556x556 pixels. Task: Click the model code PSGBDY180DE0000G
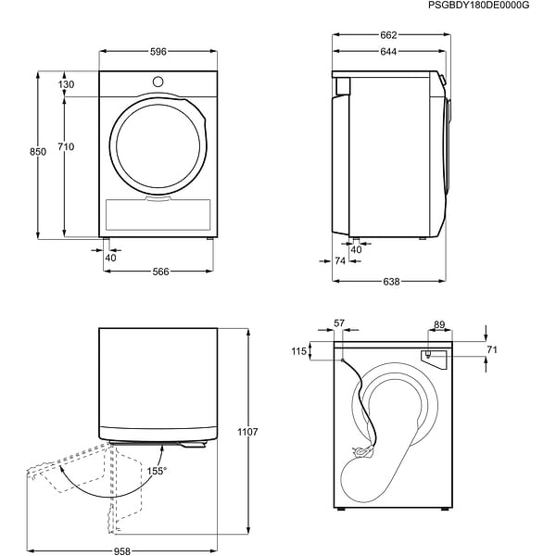click(479, 6)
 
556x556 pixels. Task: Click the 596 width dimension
click(158, 52)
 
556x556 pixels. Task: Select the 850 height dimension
click(38, 152)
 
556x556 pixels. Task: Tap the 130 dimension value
click(66, 84)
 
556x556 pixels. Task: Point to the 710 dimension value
click(66, 146)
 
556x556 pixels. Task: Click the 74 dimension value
click(340, 262)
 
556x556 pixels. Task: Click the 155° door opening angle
click(157, 471)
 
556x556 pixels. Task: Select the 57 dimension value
click(338, 323)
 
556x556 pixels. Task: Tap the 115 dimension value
click(297, 350)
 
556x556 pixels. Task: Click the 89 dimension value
click(439, 324)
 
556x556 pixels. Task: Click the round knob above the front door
click(158, 82)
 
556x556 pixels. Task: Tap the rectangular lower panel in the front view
click(158, 214)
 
